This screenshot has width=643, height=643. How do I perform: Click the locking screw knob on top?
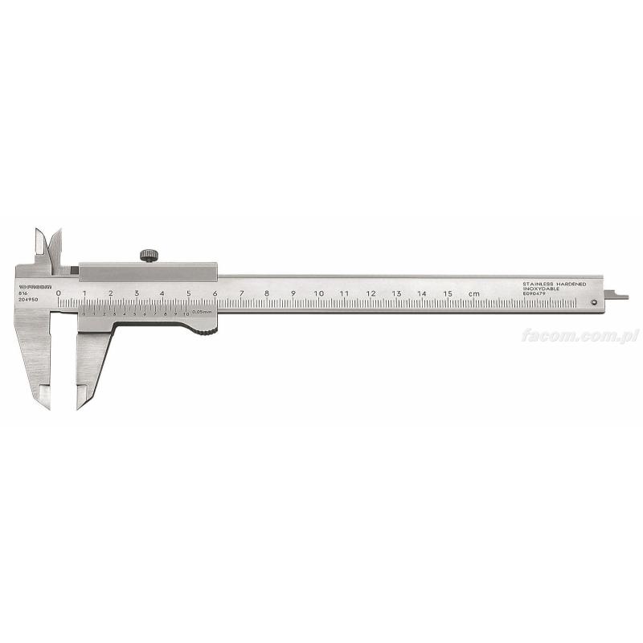coord(149,256)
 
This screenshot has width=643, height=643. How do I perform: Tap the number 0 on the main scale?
coord(59,293)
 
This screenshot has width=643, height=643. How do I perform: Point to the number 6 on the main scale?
coord(215,293)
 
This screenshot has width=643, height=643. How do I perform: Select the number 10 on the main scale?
coord(318,293)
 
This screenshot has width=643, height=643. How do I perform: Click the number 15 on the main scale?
coord(448,293)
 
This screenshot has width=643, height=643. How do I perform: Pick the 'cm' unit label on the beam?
coord(475,293)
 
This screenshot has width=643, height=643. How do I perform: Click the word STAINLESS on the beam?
coord(539,284)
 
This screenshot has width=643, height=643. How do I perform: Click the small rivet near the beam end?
coord(593,303)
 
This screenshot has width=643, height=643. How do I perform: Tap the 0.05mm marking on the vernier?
coord(202,311)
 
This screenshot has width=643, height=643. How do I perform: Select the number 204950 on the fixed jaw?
coord(27,300)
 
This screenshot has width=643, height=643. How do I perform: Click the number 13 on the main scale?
coord(396,293)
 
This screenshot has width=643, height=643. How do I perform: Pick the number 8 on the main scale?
coord(267,293)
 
